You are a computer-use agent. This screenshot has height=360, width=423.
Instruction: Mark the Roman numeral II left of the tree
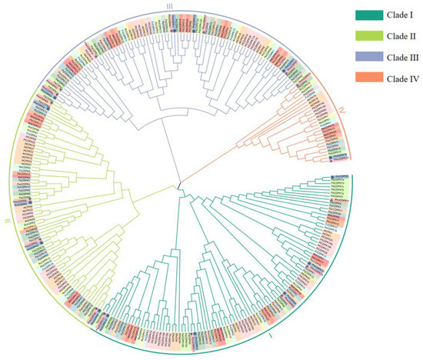point(5,220)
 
